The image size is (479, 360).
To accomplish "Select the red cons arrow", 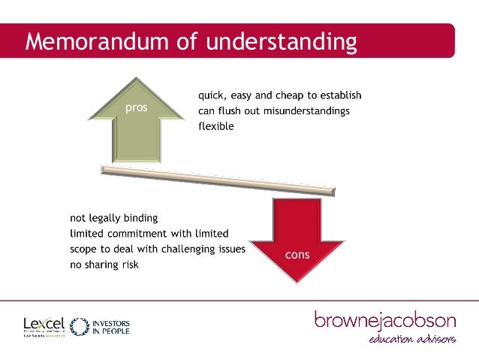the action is tap(297, 237).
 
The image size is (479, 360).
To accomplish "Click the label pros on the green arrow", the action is tap(136, 107).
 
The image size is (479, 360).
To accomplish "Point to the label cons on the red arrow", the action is tap(297, 255).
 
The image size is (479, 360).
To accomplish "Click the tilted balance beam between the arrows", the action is tap(218, 182).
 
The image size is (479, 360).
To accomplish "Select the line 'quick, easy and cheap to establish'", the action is tap(280, 95).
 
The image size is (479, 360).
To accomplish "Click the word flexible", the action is tap(215, 126).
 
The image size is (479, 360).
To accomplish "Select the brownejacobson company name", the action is tap(384, 321).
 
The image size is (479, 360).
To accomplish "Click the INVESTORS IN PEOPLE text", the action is tap(111, 326).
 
